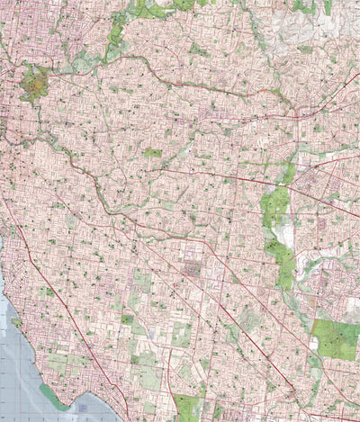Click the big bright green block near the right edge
click(336, 339)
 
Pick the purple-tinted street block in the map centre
click(192, 267)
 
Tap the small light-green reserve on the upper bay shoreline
click(16, 321)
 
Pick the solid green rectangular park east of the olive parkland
click(153, 153)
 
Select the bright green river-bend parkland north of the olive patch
click(115, 40)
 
